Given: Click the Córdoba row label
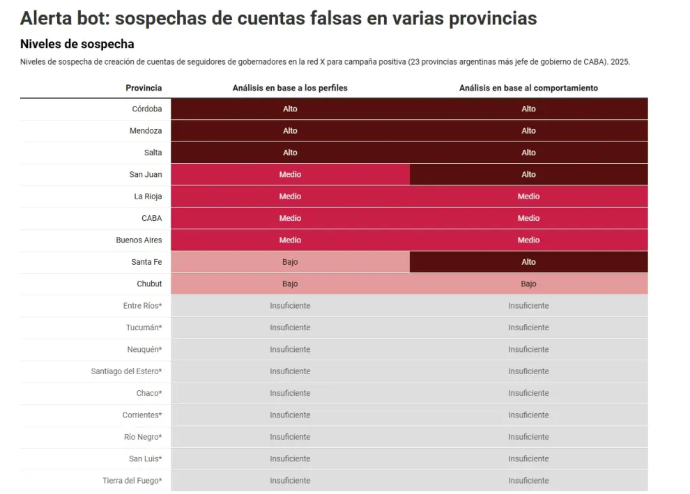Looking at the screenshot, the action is pos(147,109).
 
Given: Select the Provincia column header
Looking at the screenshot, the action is pos(144,88).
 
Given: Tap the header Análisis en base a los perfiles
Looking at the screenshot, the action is pos(290,88).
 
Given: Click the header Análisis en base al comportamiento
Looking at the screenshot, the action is pos(528,88).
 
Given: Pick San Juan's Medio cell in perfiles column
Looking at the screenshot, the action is pos(290,174).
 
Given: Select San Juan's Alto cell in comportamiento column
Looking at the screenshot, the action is pos(528,174).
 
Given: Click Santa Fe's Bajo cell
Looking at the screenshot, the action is pos(290,262).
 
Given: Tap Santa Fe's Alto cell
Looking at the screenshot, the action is pos(528,262).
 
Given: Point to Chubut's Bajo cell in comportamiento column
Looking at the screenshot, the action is pos(528,284).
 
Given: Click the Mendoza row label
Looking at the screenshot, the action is pos(146,131).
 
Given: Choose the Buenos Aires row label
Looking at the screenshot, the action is pos(139,240).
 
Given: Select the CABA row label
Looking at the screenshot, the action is pos(152,218).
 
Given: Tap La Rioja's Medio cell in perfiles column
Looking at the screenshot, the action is pos(290,196).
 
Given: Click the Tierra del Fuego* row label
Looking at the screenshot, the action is pos(132,480).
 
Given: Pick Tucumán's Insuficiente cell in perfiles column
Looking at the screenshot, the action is pos(290,327).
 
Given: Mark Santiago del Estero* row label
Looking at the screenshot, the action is pos(126,371).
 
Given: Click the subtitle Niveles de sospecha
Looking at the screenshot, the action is pos(77,44).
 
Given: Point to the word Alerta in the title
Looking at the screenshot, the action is pos(46,19).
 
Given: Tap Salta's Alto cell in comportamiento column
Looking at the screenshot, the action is pos(528,153).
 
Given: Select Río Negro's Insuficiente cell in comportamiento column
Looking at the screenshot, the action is pos(528,437).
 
